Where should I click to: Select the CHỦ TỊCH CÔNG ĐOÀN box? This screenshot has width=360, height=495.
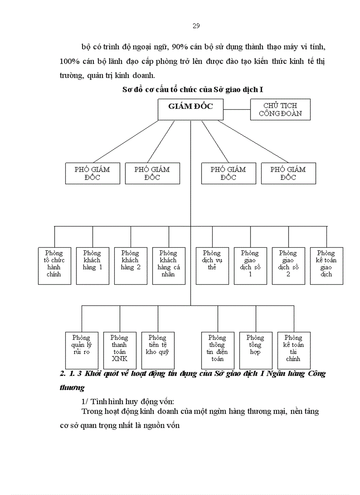tap(280, 109)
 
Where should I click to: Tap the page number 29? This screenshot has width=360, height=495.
tap(196, 26)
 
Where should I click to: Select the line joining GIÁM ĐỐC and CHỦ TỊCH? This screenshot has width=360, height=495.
tap(237, 109)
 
